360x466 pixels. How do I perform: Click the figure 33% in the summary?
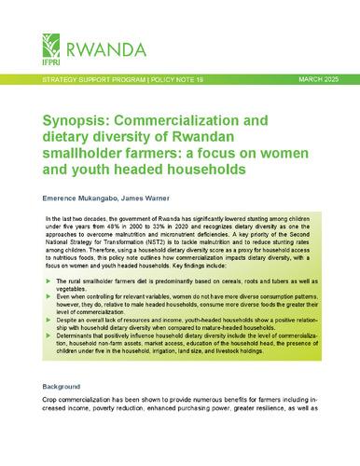[197, 226]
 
